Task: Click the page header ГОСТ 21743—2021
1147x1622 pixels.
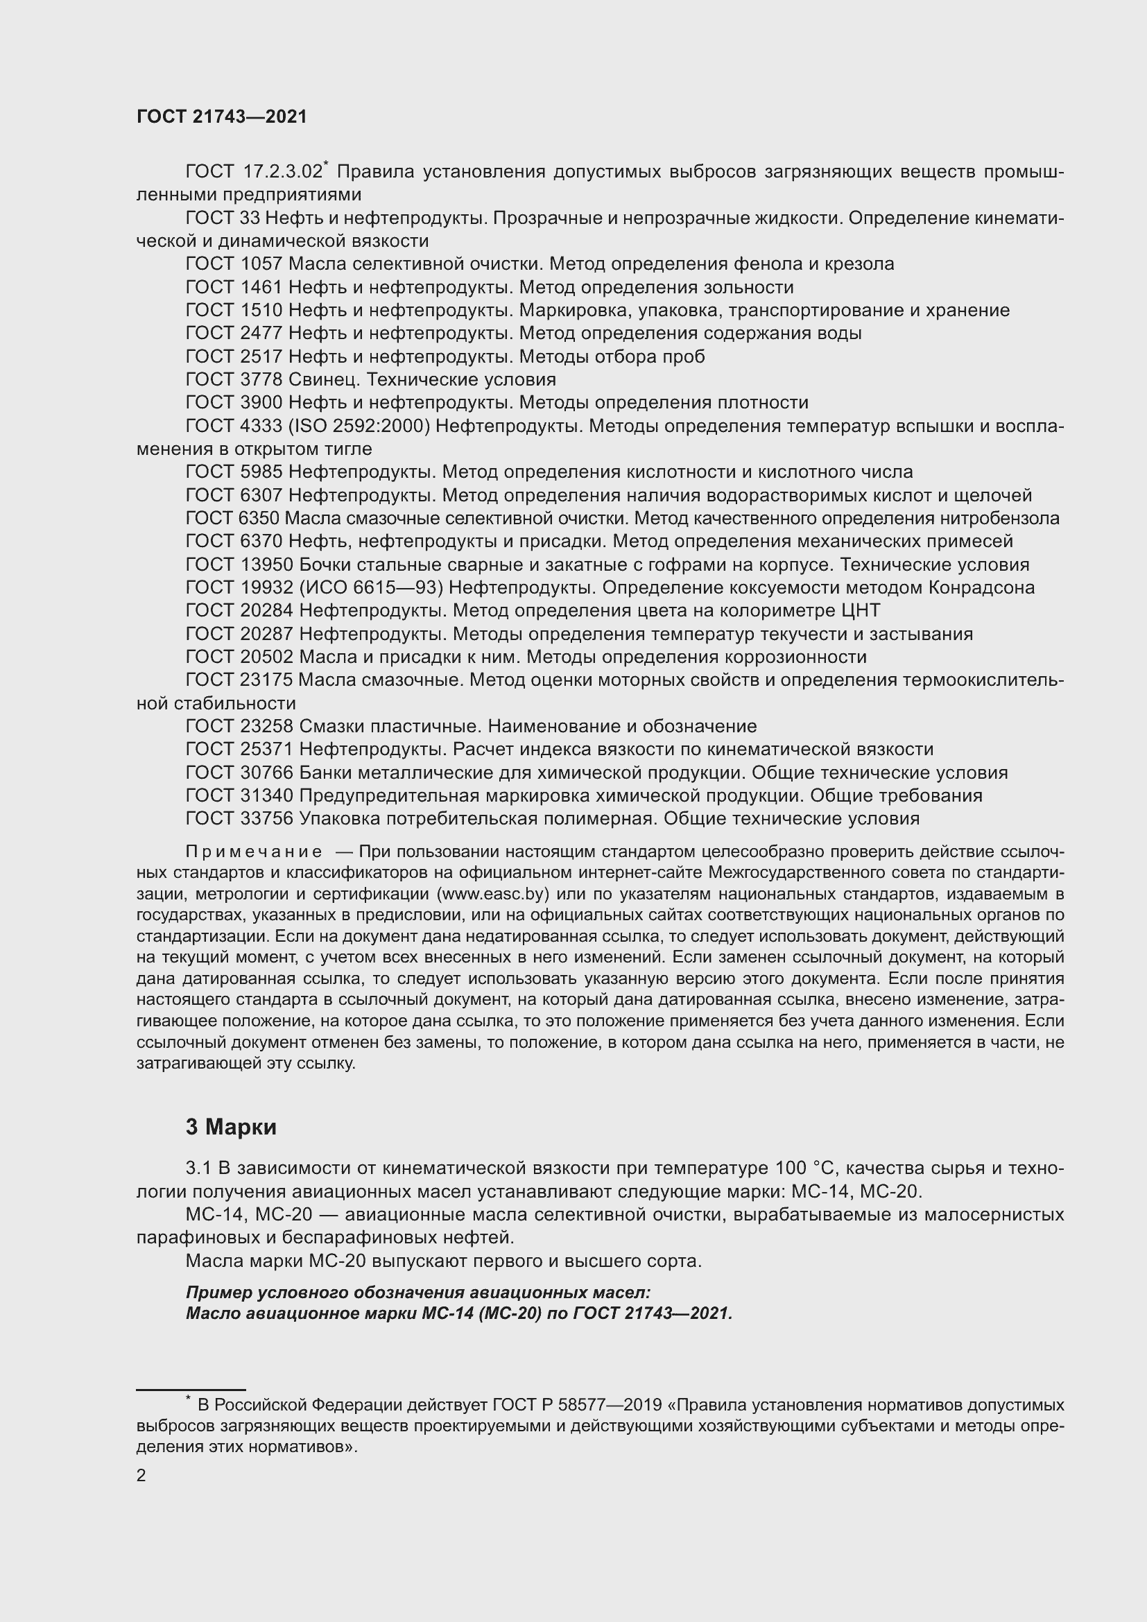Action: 222,117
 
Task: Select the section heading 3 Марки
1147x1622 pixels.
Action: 231,1127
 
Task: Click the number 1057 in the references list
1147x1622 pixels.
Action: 261,264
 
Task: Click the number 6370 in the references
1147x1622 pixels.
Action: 261,541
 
